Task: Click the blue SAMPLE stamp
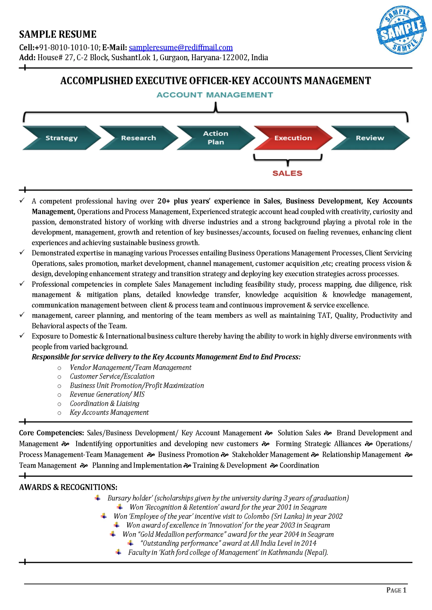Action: click(401, 30)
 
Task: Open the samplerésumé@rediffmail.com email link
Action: click(181, 47)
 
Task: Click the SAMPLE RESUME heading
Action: click(58, 34)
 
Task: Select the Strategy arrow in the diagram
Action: click(61, 138)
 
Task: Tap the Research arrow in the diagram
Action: click(139, 138)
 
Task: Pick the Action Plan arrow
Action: click(216, 138)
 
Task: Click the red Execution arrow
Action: click(293, 138)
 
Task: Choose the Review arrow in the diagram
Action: click(370, 138)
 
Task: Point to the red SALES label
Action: click(287, 173)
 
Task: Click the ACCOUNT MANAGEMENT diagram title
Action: click(215, 95)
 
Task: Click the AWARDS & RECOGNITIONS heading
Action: click(68, 487)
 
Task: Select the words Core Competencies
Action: click(51, 433)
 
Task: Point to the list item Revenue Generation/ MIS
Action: click(107, 394)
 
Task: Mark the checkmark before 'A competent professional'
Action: click(22, 200)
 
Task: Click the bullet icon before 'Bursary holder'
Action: click(98, 498)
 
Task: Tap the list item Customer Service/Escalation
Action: click(112, 376)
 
